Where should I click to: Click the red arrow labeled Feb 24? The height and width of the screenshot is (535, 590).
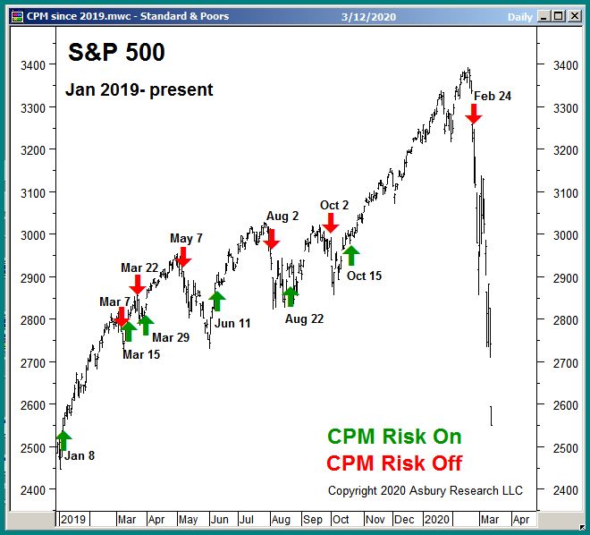[474, 113]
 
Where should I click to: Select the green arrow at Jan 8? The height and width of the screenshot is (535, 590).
[63, 440]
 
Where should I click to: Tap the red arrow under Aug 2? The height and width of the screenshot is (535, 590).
[272, 238]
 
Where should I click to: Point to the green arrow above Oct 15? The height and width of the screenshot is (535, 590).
[350, 256]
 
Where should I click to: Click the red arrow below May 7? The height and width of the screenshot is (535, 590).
[183, 257]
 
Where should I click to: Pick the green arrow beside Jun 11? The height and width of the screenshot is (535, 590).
[217, 301]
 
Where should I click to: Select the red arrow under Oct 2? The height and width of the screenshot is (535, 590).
[331, 223]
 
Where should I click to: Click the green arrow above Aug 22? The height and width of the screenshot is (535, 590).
[291, 296]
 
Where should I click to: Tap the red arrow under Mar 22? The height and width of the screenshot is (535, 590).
[137, 284]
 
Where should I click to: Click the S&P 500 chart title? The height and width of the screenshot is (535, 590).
[116, 53]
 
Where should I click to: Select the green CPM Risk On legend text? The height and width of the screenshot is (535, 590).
[394, 437]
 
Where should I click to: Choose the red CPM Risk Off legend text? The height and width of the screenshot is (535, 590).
[394, 463]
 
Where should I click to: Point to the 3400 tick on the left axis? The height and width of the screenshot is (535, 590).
[35, 65]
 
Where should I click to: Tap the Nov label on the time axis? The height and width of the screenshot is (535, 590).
[375, 519]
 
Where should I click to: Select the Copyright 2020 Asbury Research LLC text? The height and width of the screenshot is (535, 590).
[426, 490]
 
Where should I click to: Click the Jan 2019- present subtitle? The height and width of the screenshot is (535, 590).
[139, 89]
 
